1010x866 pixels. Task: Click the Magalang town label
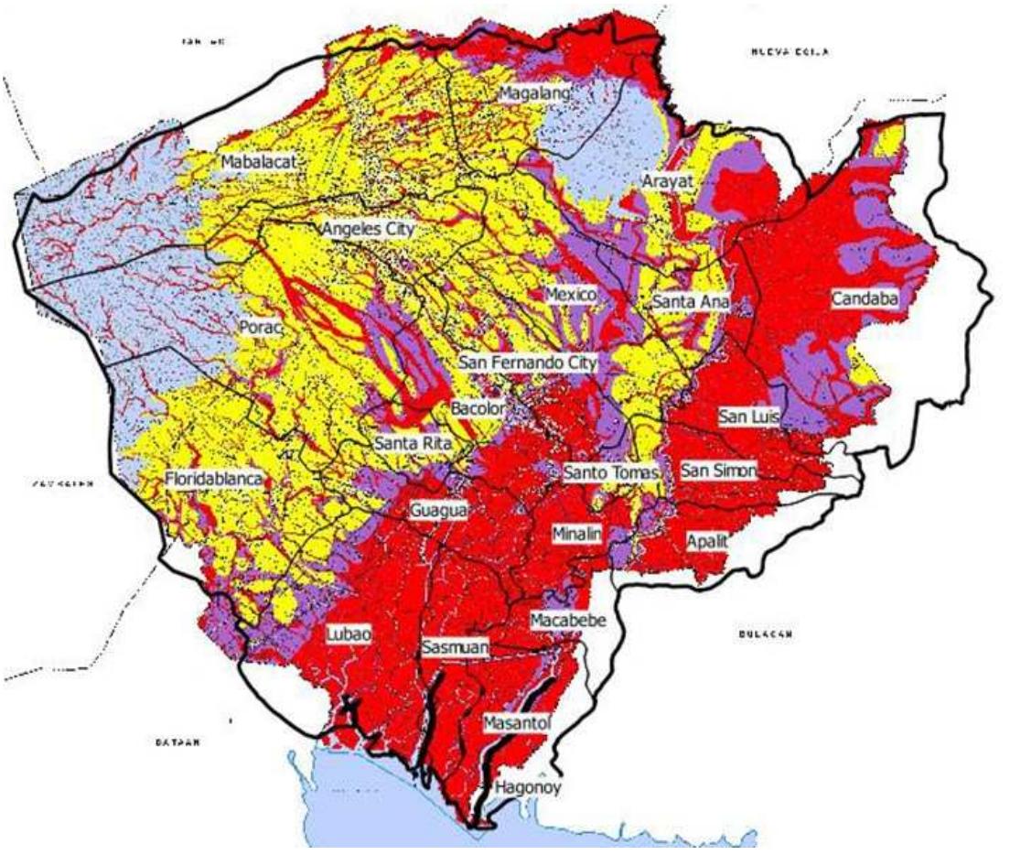[x=535, y=92]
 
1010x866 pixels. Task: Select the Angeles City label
[x=368, y=229]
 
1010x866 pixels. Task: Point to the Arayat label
[x=669, y=182]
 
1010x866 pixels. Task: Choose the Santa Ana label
[x=689, y=301]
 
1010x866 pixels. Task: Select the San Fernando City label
[x=528, y=363]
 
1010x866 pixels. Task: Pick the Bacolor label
[x=478, y=407]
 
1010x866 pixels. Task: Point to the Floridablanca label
[x=214, y=479]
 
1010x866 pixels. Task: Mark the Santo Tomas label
[x=610, y=473]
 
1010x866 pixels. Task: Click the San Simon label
[x=718, y=471]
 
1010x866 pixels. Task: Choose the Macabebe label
[x=568, y=620]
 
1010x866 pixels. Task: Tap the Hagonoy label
[x=527, y=786]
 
